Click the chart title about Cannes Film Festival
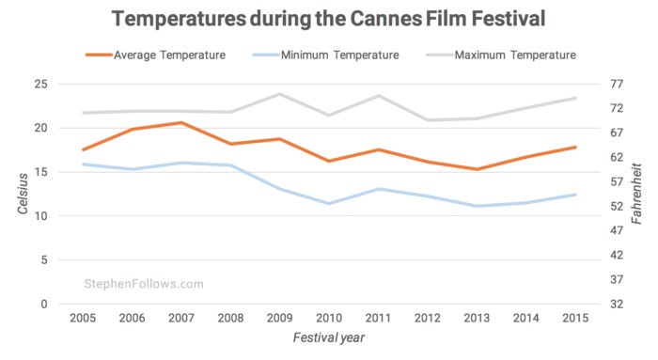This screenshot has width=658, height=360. coord(329,18)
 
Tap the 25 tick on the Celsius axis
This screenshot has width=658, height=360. coord(40,84)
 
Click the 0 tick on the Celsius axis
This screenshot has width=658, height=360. coord(44,304)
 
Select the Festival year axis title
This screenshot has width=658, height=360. coord(328,337)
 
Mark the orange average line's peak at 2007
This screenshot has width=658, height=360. coord(181,123)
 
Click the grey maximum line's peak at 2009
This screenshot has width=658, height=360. coord(279,94)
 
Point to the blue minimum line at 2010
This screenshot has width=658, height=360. coord(329,203)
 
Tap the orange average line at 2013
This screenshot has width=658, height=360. coord(477,169)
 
